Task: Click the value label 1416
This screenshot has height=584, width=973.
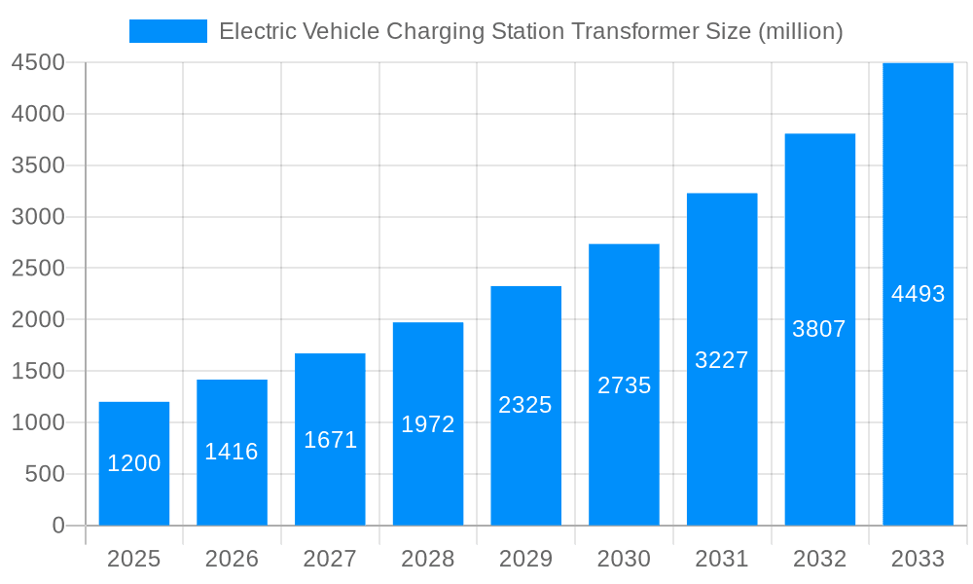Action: point(232,452)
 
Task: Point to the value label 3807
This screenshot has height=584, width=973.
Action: point(819,329)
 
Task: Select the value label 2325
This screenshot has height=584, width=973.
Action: point(525,405)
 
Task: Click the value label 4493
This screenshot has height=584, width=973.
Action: point(918,294)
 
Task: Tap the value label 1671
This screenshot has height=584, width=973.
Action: point(330,440)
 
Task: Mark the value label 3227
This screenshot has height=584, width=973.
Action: point(722,360)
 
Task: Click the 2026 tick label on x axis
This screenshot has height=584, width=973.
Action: point(232,559)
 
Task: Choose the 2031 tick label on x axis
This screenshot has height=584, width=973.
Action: point(722,559)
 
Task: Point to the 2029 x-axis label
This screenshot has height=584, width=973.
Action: point(525,559)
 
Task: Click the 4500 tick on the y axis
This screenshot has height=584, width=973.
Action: point(38,63)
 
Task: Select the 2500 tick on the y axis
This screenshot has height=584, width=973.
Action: point(38,269)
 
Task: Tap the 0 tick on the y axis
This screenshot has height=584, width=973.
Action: point(57,526)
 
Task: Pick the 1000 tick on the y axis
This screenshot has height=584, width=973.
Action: point(38,422)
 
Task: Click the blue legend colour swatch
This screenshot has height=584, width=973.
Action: point(168,31)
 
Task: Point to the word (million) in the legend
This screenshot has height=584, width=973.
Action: point(799,31)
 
